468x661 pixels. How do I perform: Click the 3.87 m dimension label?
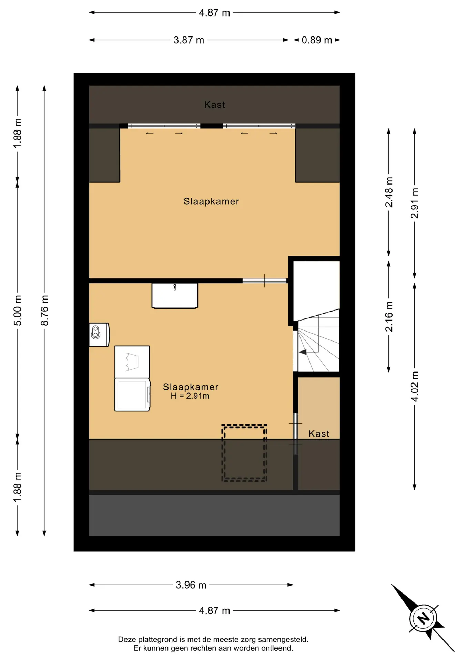(x=189, y=40)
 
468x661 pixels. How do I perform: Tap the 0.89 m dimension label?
(x=317, y=40)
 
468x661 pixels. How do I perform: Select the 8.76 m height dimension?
(x=44, y=310)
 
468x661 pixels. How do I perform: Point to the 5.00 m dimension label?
(x=18, y=310)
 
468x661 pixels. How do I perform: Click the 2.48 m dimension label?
(x=389, y=192)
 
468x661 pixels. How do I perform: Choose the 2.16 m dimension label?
(x=389, y=316)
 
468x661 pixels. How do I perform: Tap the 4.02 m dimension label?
(x=415, y=386)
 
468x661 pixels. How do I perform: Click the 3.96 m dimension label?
(x=191, y=585)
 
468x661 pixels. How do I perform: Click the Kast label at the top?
(x=214, y=105)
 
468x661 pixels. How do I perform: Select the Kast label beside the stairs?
(x=319, y=434)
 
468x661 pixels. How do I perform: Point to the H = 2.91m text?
(x=190, y=396)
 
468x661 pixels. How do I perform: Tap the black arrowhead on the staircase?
(x=303, y=352)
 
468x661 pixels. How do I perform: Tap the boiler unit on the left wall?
(x=99, y=335)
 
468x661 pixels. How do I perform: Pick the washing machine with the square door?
(x=132, y=395)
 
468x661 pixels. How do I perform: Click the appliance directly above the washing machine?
(x=132, y=362)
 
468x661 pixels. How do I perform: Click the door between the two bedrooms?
(x=264, y=281)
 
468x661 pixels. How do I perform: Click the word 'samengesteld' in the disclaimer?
(x=283, y=639)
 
